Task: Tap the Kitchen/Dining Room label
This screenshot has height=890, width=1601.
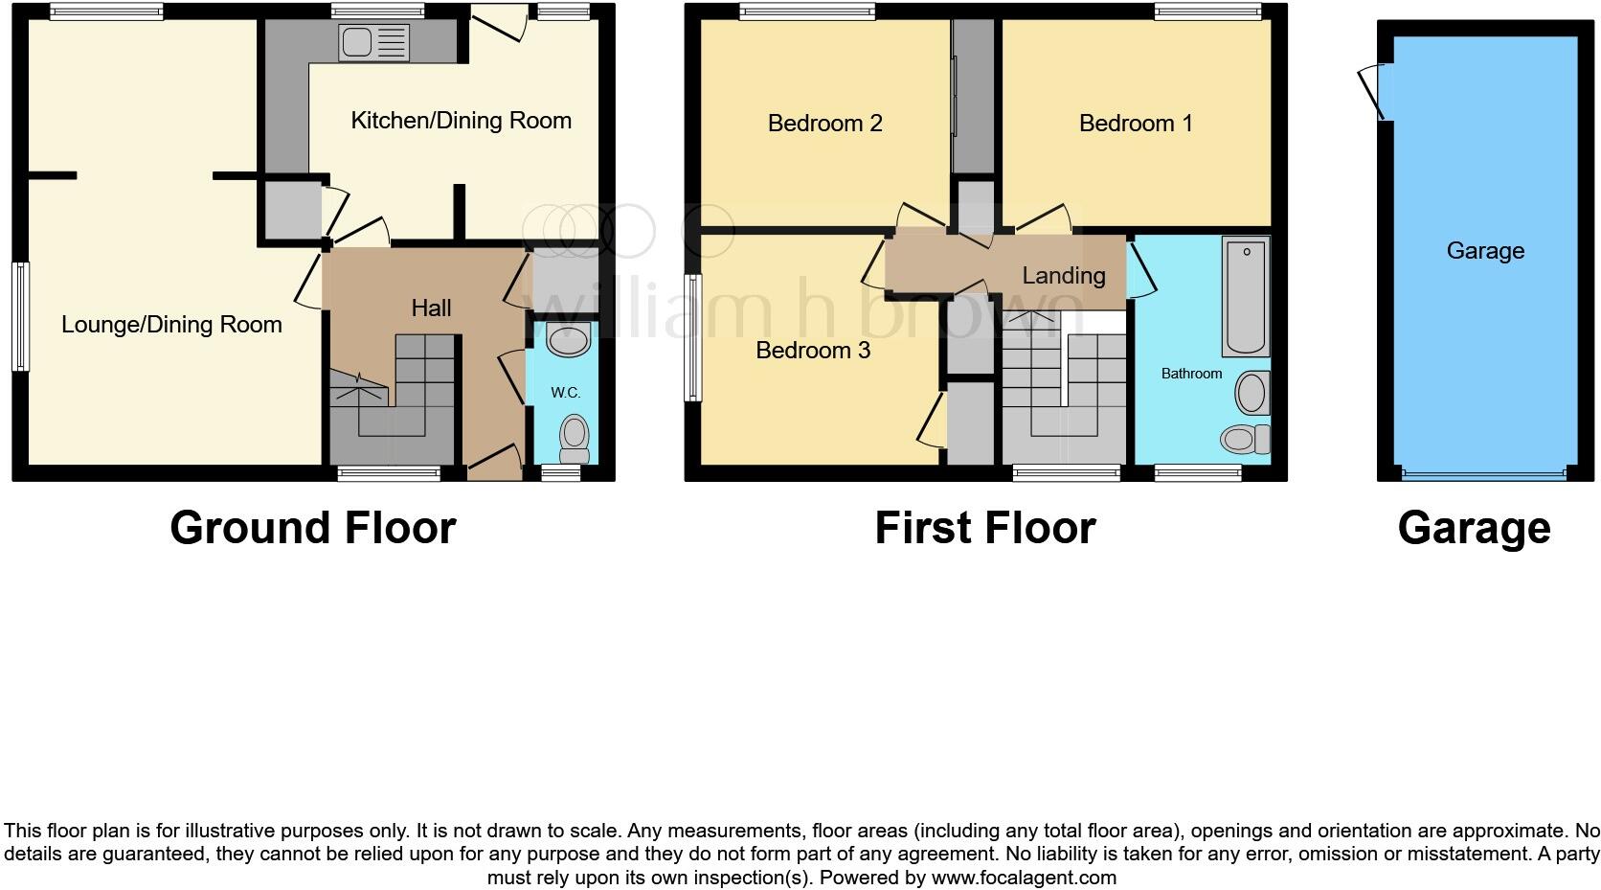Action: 461,121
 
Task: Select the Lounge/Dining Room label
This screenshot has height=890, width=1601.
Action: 171,325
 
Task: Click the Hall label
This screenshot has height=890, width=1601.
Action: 431,308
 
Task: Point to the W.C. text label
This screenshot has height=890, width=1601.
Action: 565,393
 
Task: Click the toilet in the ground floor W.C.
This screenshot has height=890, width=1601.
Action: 574,436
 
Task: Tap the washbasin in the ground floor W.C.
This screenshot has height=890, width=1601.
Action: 568,340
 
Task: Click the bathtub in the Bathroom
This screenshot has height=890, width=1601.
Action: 1246,297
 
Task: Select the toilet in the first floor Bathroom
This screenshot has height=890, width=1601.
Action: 1243,440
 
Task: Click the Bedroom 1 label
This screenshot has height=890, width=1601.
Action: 1136,124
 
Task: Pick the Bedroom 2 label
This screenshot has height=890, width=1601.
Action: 824,124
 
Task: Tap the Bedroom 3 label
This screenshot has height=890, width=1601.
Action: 813,351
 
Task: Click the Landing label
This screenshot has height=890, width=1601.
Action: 1063,276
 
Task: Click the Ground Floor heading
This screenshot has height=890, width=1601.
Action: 312,528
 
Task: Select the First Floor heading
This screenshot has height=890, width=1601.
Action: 984,528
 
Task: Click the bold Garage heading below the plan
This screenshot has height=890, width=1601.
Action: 1474,528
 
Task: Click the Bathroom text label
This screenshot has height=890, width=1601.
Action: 1191,374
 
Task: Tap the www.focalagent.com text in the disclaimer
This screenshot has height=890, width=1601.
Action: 1023,878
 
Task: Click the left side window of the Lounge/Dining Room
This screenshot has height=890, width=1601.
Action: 20,316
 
